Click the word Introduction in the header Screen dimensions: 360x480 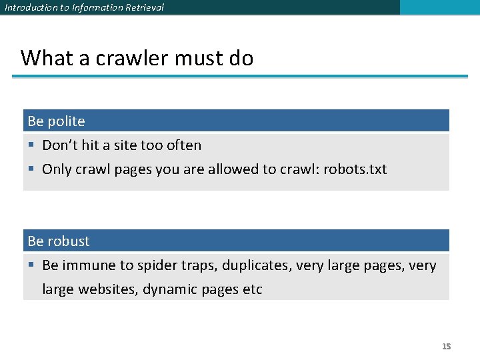click(27, 7)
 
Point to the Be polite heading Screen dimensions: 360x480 click(57, 121)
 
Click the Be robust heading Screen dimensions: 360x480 click(59, 241)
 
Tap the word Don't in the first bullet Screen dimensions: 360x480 click(60, 145)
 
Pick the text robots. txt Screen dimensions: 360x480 click(355, 169)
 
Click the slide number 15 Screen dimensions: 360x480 click(447, 346)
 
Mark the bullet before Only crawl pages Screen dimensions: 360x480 click(31, 169)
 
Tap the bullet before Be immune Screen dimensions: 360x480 click(31, 265)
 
